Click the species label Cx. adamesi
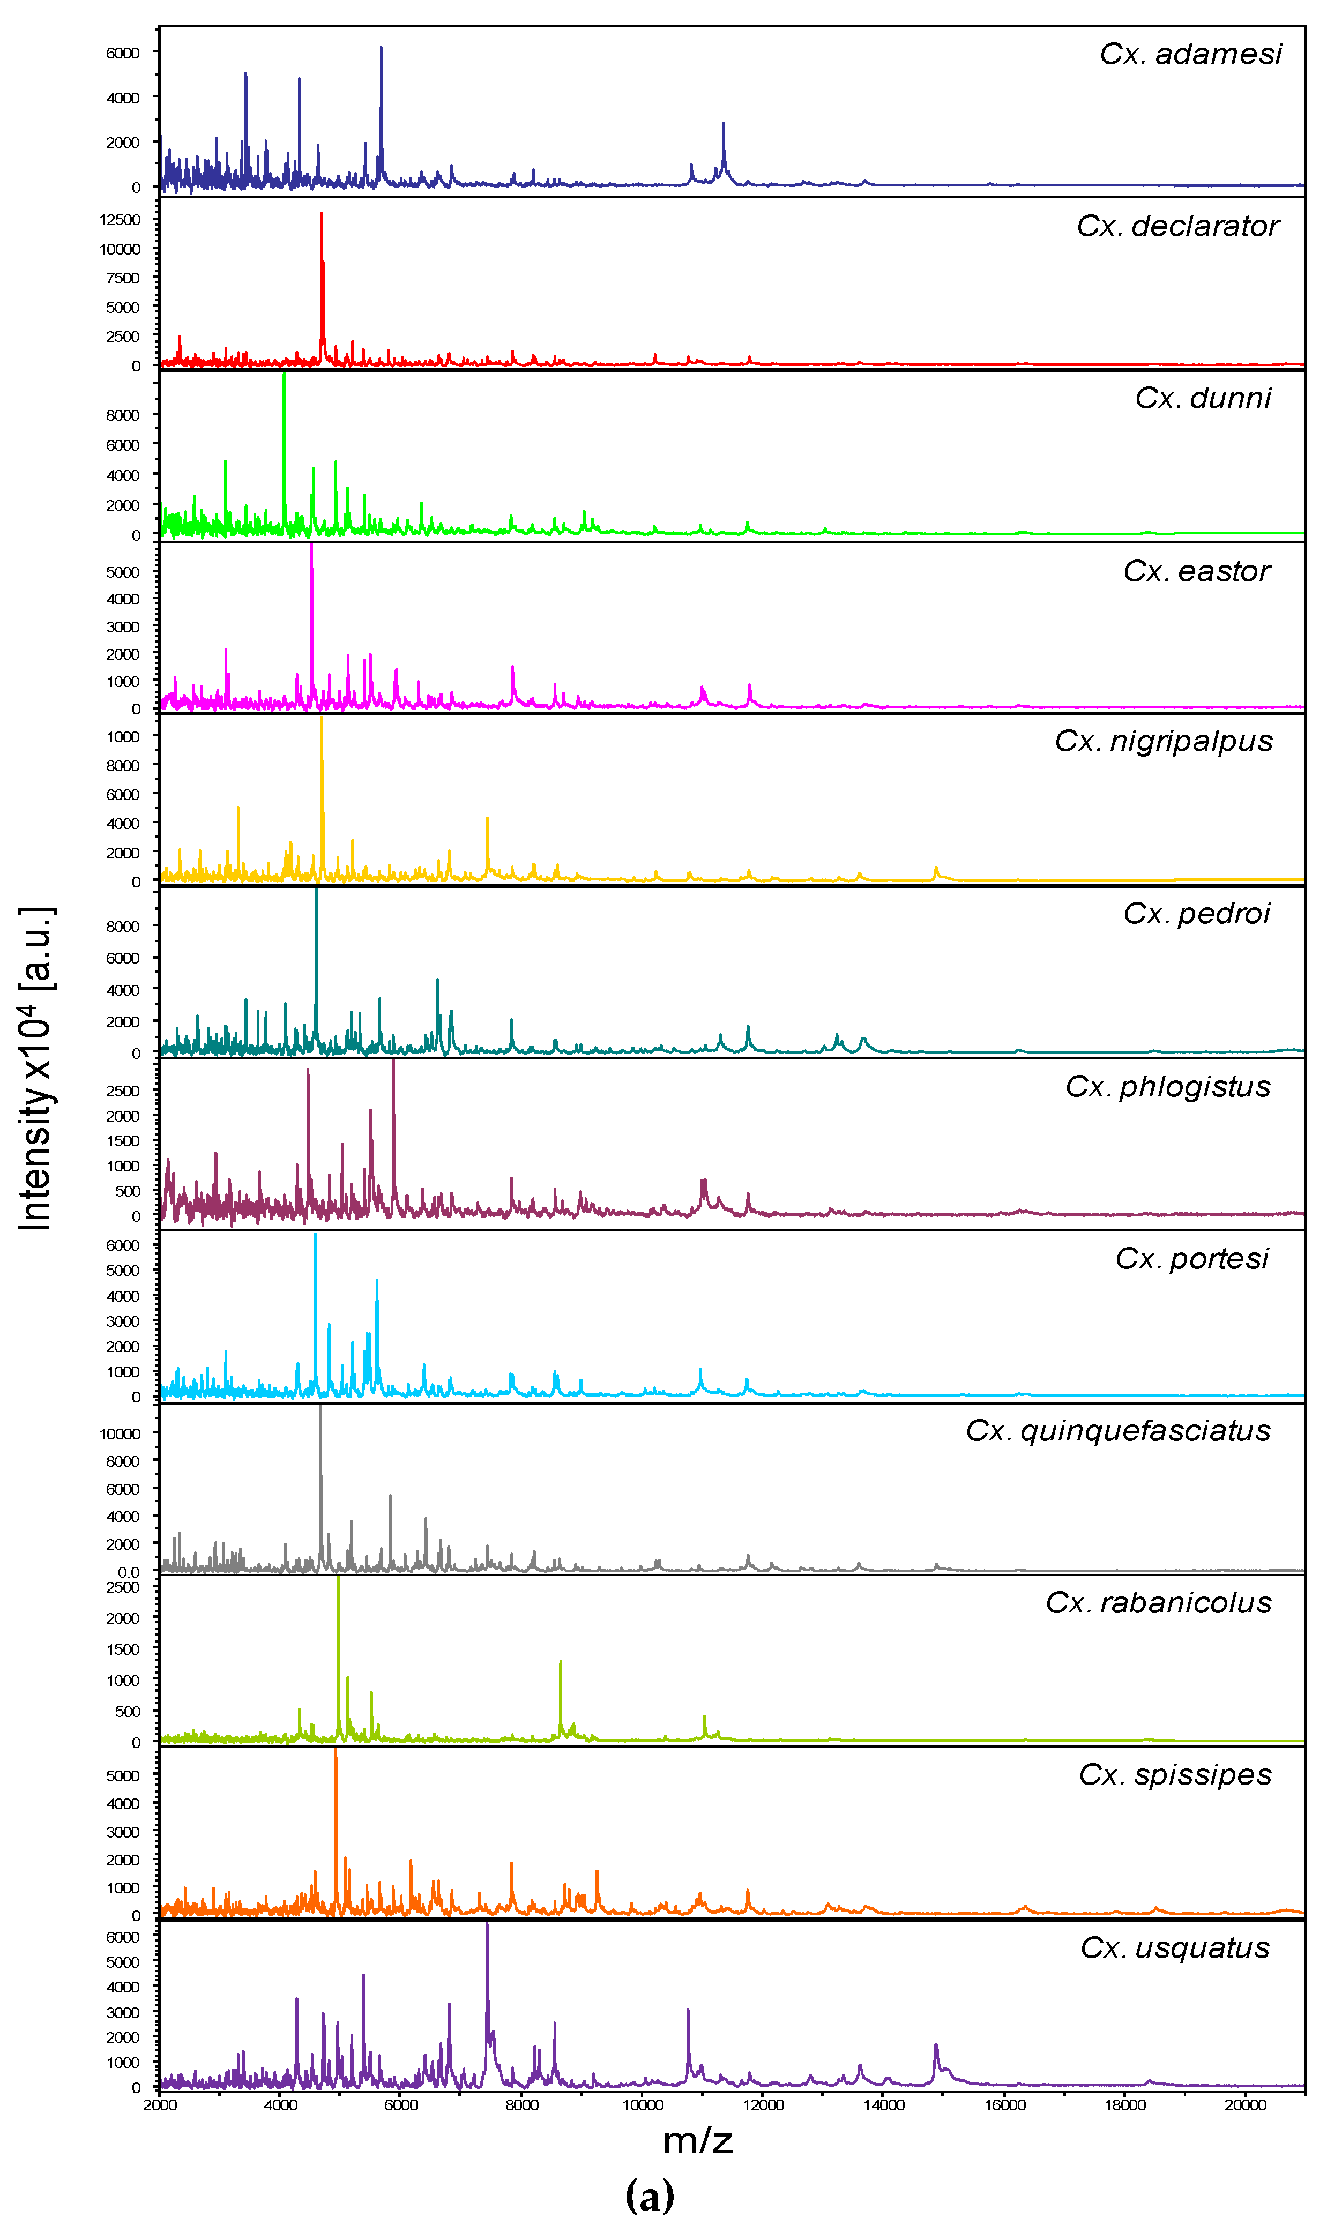1190,55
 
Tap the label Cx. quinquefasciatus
1118,1430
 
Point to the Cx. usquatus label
1175,1947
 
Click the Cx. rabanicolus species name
1158,1602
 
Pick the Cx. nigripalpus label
1164,741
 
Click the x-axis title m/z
697,2140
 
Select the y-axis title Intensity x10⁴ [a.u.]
36,1068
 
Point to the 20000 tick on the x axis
1245,2105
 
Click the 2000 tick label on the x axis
160,2105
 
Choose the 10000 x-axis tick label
642,2105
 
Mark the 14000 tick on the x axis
883,2105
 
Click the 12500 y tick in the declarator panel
120,220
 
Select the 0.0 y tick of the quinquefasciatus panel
129,1572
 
